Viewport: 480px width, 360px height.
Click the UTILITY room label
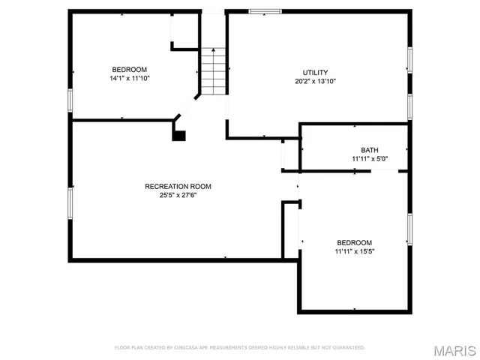coord(315,73)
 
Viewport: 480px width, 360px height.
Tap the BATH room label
coord(370,150)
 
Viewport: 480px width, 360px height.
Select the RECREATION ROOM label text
coord(178,187)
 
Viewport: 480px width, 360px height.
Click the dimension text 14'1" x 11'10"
coord(130,77)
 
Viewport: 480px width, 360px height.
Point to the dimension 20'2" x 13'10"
coord(315,81)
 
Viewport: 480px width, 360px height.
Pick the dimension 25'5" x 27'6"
coord(178,195)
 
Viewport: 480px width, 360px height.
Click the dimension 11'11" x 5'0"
coord(370,158)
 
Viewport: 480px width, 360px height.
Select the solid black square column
coord(178,136)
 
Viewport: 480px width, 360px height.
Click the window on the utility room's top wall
coord(265,11)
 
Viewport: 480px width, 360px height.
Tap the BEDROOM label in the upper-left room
coord(130,69)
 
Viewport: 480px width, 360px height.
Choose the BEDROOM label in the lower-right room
coord(355,242)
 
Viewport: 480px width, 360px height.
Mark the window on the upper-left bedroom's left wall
coord(70,100)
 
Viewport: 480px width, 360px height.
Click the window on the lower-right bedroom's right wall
coord(410,229)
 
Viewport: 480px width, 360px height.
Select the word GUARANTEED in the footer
coord(347,348)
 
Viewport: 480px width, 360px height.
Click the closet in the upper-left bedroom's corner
coord(184,30)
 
